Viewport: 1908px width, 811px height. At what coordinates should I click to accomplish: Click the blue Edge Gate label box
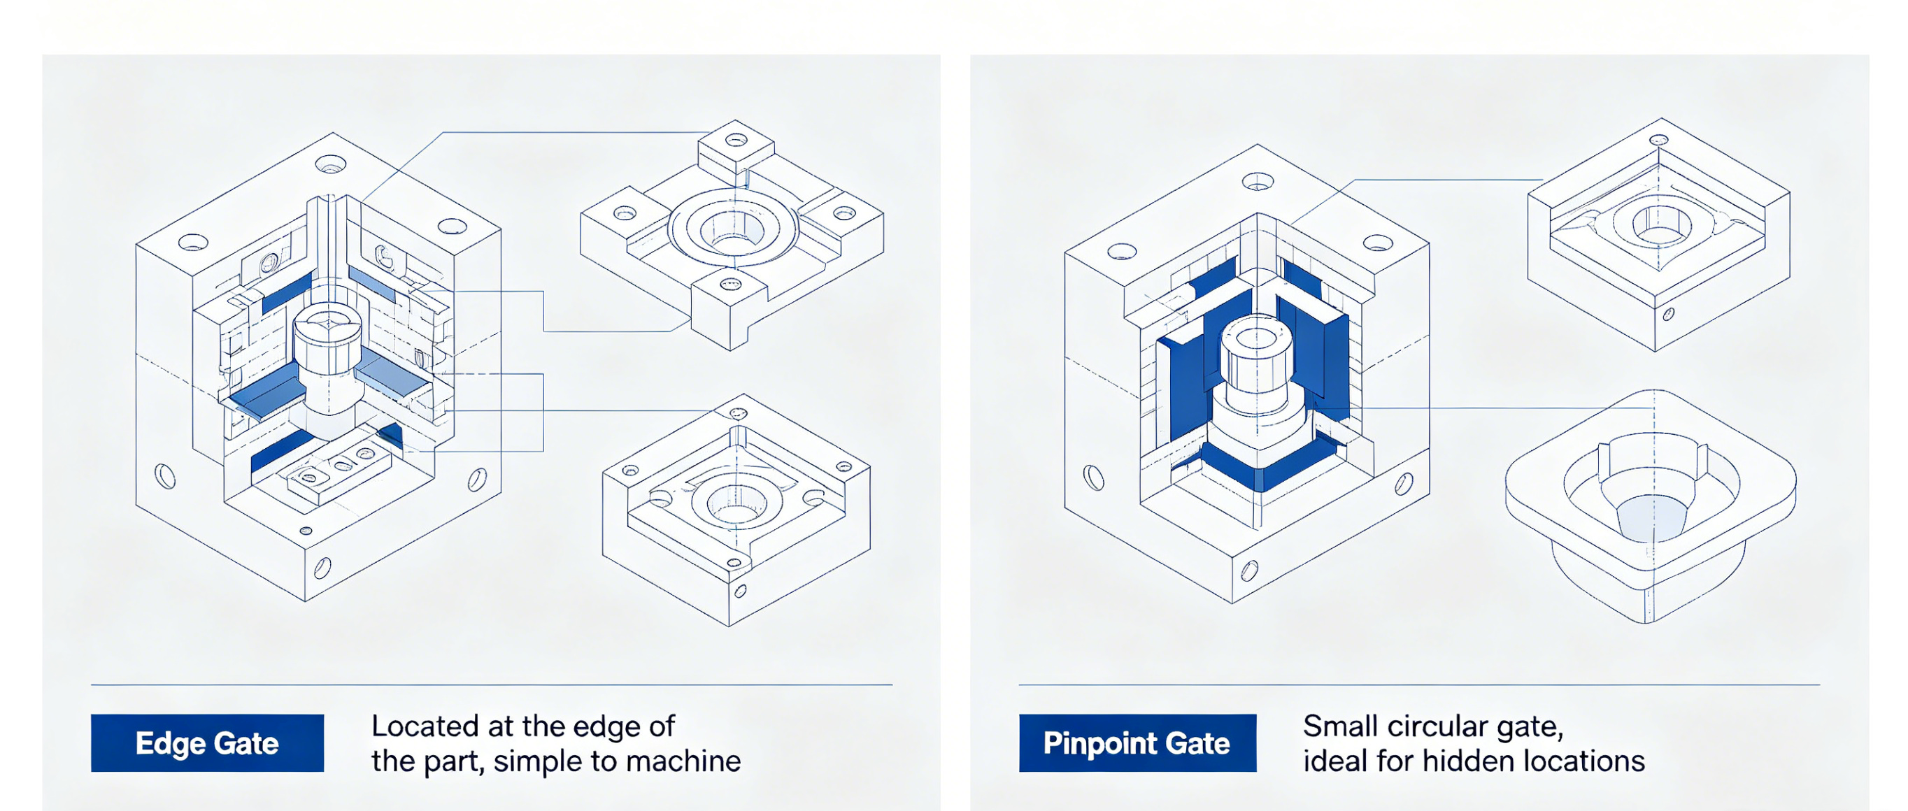(208, 743)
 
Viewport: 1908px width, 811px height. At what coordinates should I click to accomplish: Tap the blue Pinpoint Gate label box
(1138, 743)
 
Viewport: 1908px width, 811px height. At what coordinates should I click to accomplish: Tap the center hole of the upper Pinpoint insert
(1658, 223)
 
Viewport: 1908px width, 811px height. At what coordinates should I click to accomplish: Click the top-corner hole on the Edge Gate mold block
(330, 164)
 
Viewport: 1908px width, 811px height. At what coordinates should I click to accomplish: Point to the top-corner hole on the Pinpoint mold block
(1258, 180)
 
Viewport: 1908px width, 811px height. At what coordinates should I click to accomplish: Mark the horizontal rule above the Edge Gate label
(492, 685)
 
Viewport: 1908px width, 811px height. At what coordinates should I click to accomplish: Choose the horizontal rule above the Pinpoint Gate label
(1419, 685)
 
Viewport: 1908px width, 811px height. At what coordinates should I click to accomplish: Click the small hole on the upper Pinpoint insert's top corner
(1659, 139)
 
